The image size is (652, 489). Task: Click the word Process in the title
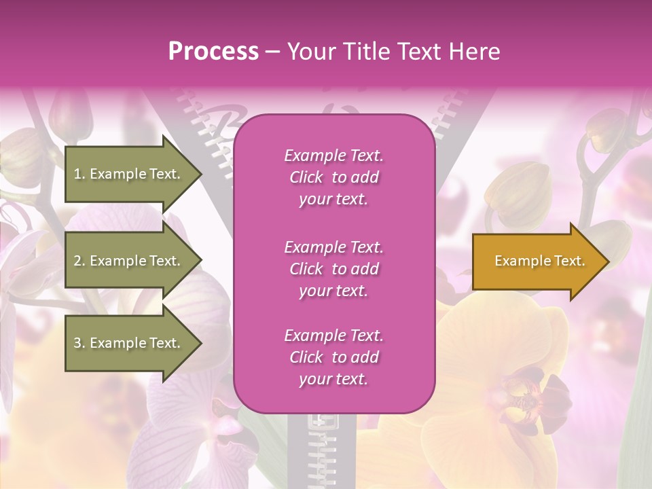[213, 52]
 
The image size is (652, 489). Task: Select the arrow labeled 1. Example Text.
[129, 174]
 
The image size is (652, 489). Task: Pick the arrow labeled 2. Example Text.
[129, 261]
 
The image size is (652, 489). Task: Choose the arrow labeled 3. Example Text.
[129, 343]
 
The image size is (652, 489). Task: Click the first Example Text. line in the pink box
[333, 156]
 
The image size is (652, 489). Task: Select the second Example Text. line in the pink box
[333, 247]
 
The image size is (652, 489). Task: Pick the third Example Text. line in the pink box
[333, 336]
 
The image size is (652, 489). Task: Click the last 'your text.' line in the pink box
[333, 379]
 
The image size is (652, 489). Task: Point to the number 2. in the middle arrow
[79, 261]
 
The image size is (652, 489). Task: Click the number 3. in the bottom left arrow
[79, 343]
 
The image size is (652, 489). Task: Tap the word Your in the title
[309, 52]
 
